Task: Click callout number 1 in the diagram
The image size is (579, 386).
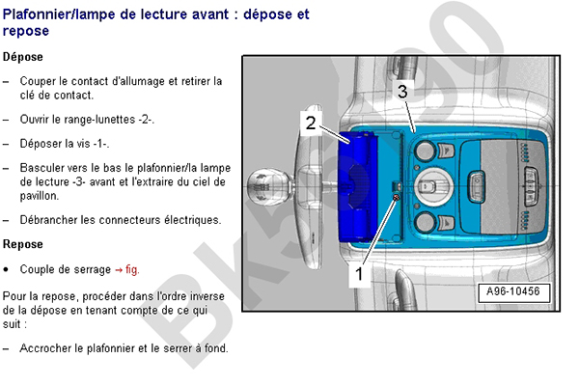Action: pos(359,274)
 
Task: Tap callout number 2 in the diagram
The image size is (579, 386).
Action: pos(310,122)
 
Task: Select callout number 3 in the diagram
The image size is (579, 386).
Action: pos(403,91)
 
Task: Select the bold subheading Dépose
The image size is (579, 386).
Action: pos(22,58)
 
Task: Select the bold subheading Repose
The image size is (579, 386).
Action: pos(22,244)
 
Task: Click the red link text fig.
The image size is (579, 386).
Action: pos(131,269)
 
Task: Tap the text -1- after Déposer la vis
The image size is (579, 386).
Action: pos(99,144)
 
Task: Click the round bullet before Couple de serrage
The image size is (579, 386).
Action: pos(8,269)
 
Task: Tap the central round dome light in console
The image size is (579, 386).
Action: pos(426,186)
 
